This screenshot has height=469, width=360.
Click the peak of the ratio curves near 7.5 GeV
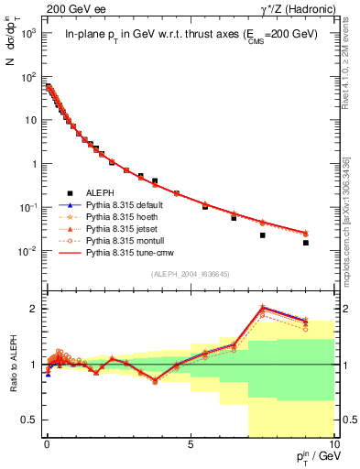263,307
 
